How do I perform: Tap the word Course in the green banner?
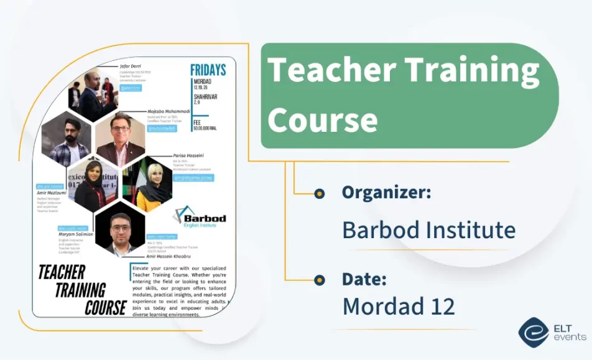323,119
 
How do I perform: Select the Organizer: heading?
386,192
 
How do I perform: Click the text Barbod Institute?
428,230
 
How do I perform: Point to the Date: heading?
364,279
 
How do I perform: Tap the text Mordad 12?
398,306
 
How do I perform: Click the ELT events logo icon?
534,333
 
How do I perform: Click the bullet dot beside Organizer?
320,193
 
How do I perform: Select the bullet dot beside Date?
320,280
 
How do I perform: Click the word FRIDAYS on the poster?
208,70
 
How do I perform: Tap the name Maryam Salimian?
76,234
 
